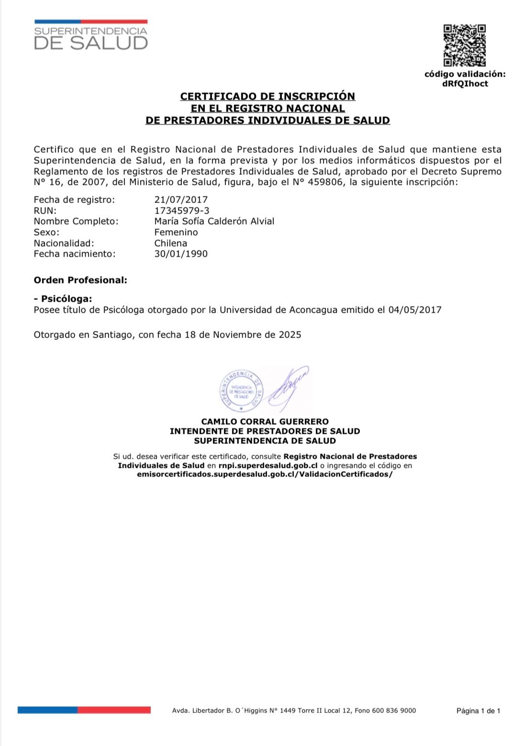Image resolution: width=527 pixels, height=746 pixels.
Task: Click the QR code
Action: pyautogui.click(x=464, y=45)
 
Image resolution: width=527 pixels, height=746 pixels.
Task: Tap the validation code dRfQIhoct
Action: pyautogui.click(x=465, y=84)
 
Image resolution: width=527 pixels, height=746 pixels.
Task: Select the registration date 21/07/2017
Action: pyautogui.click(x=181, y=200)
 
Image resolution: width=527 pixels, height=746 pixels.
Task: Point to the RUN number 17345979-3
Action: pyautogui.click(x=181, y=211)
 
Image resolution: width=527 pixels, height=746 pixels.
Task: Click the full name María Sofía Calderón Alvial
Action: pyautogui.click(x=214, y=221)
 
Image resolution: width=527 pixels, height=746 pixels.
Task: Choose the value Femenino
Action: pyautogui.click(x=176, y=232)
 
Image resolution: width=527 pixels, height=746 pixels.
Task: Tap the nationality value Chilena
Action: pyautogui.click(x=170, y=243)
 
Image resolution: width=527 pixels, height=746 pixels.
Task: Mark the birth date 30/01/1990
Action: pyautogui.click(x=181, y=254)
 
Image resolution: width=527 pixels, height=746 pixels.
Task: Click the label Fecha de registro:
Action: pyautogui.click(x=74, y=200)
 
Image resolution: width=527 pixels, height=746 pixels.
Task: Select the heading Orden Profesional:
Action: pyautogui.click(x=80, y=280)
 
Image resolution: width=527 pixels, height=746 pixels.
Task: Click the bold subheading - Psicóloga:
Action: pyautogui.click(x=63, y=299)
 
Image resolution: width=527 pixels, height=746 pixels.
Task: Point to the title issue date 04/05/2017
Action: pyautogui.click(x=415, y=310)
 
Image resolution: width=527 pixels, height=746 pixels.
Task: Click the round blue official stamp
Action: pyautogui.click(x=241, y=391)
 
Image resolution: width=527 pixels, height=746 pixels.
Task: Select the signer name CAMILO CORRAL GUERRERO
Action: pyautogui.click(x=265, y=422)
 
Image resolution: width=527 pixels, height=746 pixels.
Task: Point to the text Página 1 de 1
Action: pyautogui.click(x=478, y=711)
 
